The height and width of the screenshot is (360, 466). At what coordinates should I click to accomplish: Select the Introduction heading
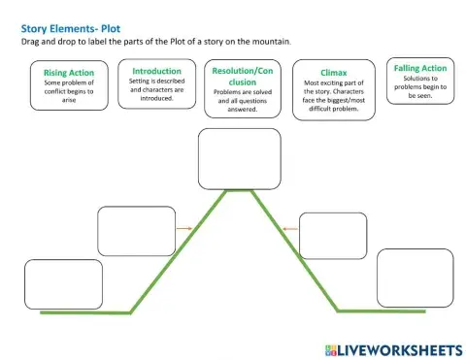[x=156, y=71]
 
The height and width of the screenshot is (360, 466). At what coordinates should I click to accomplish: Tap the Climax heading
[x=333, y=73]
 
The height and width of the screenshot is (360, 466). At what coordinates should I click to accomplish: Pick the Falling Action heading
[x=420, y=68]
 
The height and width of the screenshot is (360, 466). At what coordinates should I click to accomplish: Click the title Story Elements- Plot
[x=70, y=29]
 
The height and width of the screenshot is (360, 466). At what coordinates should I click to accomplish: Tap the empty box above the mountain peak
[x=239, y=158]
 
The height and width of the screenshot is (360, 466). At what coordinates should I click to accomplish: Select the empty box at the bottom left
[x=63, y=283]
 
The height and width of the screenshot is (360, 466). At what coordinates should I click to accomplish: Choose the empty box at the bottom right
[x=415, y=277]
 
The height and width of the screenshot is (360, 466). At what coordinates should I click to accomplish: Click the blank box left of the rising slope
[x=137, y=231]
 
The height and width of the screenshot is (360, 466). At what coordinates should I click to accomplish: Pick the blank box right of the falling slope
[x=333, y=236]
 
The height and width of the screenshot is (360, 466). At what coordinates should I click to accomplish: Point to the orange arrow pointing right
[x=184, y=229]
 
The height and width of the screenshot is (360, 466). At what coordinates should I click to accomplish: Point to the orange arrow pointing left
[x=287, y=230]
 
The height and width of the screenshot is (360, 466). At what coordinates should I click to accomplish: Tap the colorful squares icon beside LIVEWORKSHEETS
[x=331, y=348]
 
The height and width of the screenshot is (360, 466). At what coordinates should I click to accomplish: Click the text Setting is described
[x=156, y=82]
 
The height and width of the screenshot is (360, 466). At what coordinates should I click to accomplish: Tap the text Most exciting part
[x=333, y=85]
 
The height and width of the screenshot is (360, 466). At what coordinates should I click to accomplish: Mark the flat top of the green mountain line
[x=239, y=190]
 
